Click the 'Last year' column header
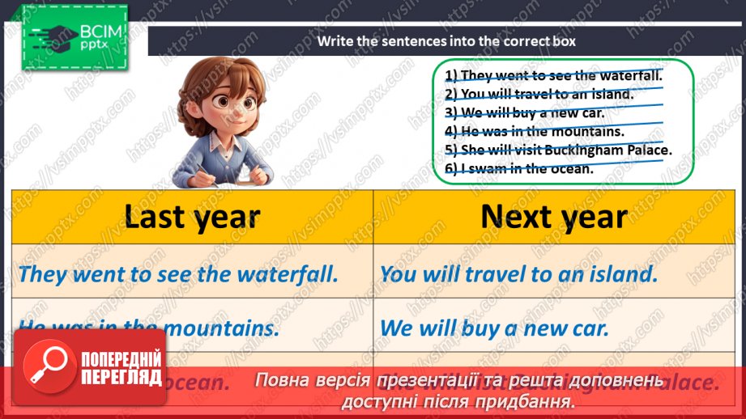[x=192, y=217]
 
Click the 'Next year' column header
[x=553, y=217]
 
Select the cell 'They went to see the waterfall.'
[x=177, y=273]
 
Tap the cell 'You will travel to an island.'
[x=518, y=273]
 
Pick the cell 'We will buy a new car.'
[x=494, y=328]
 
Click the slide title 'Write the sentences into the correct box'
[x=446, y=41]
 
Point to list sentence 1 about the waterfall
[x=553, y=76]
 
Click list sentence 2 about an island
[x=539, y=94]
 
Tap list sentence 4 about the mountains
[x=534, y=131]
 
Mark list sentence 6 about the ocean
[x=519, y=168]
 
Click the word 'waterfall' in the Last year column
[x=287, y=273]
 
